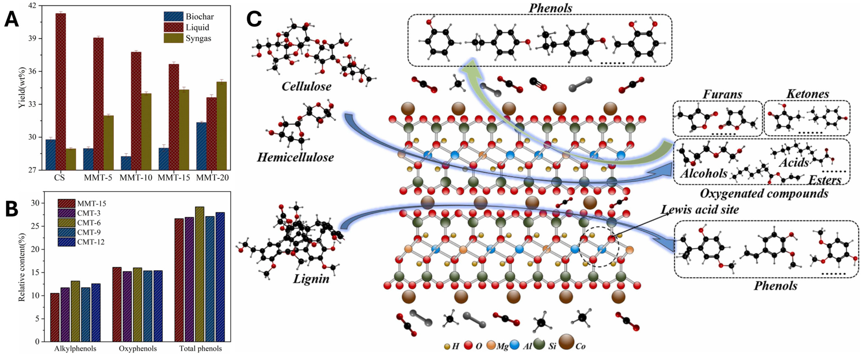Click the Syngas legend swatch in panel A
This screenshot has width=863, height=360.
click(173, 38)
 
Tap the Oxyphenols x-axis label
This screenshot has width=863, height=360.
click(138, 349)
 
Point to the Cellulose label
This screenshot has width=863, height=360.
click(306, 87)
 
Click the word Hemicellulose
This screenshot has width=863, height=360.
click(295, 157)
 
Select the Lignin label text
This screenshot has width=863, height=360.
click(311, 279)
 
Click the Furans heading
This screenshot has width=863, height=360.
click(722, 94)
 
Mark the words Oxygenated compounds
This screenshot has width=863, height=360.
click(764, 193)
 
